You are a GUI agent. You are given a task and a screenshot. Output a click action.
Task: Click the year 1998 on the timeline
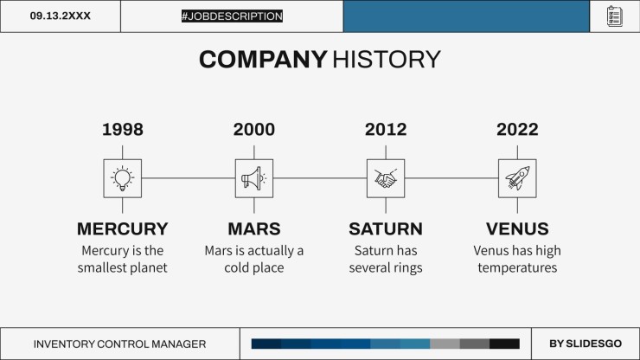coord(122,130)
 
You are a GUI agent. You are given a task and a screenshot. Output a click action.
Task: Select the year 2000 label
coord(253,130)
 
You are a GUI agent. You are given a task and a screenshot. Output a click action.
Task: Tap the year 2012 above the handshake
coord(386,130)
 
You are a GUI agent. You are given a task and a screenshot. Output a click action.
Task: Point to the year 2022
coord(517,130)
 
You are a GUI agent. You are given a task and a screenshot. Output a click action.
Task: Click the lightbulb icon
coord(122,178)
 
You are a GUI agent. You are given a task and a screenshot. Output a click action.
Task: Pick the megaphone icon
coord(253,178)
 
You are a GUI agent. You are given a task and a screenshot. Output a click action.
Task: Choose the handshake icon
coord(386,178)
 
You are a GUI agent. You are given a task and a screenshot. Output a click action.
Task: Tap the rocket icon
coord(517,178)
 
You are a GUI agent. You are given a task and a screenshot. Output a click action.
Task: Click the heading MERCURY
coord(122,229)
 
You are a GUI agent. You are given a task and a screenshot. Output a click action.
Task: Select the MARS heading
coord(253,229)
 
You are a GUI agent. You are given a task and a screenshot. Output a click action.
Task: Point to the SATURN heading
coord(386,229)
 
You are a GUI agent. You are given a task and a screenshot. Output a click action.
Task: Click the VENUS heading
coord(517,229)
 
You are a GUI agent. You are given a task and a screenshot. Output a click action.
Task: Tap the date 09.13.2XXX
coord(60,16)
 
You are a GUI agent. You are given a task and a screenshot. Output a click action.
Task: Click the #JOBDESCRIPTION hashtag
coord(232,16)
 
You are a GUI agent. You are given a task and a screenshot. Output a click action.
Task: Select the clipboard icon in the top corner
coord(615,16)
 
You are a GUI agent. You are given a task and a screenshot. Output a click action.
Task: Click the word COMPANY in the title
coord(263,60)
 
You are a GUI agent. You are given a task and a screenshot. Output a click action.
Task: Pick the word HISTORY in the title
coord(387,60)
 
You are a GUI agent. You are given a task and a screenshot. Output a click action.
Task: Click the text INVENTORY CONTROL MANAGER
coord(119,344)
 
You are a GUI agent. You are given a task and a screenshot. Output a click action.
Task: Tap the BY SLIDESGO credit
coord(586,344)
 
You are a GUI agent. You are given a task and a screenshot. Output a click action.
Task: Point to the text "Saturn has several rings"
coord(386,260)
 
